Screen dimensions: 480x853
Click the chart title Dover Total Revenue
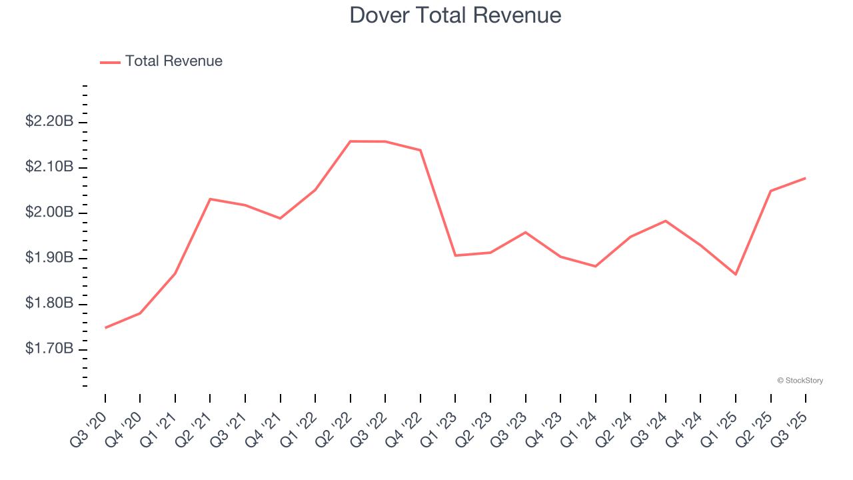pos(455,15)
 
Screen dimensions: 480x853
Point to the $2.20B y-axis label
pos(49,121)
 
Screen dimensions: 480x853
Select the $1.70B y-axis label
pos(49,349)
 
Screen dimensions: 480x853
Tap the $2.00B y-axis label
pos(49,212)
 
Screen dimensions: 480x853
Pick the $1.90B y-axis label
pos(49,257)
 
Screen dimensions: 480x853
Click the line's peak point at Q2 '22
pos(351,141)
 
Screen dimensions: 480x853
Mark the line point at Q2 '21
pos(210,199)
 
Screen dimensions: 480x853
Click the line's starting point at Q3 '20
pos(105,327)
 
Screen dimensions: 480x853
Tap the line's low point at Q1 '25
pos(736,274)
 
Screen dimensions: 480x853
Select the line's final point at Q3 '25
pos(806,178)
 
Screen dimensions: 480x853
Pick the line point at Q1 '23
pos(455,255)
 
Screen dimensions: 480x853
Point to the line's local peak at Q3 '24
pos(666,221)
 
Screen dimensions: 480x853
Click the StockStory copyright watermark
pos(800,381)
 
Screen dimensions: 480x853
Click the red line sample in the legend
pos(110,62)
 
